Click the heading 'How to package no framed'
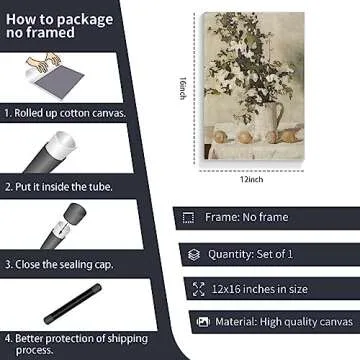coord(59,26)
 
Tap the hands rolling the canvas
coord(44,62)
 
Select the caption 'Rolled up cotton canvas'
coord(65,113)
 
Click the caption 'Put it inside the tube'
coord(59,187)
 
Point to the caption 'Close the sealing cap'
coord(59,264)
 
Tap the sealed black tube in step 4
coord(73,304)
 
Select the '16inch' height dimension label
coord(182,88)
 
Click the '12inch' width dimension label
coord(252,179)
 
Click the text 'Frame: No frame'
coord(247,217)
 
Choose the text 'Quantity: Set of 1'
coord(250,254)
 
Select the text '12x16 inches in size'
coord(259,289)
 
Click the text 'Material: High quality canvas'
coord(284,322)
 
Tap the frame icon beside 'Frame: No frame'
coord(188,218)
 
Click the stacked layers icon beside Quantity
coord(194,255)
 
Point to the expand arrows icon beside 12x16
coord(198,289)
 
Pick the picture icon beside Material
coord(203,322)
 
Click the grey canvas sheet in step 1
coord(59,81)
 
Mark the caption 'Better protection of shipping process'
coord(76,344)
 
